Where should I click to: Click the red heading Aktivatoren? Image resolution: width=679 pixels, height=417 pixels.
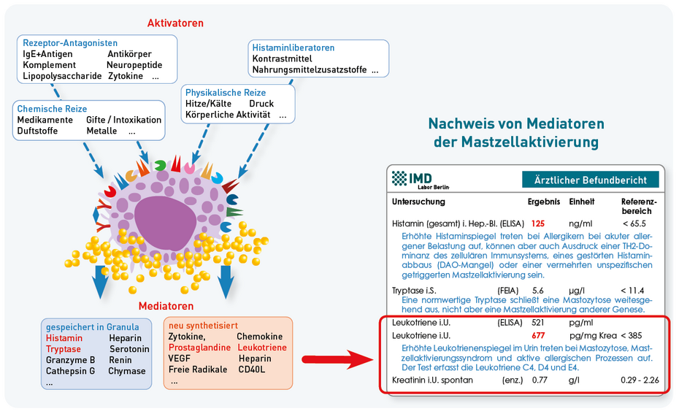click(x=175, y=23)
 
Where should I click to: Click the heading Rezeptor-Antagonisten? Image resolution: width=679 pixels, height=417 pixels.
click(x=70, y=43)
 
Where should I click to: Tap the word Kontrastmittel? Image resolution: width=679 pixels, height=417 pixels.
click(x=282, y=59)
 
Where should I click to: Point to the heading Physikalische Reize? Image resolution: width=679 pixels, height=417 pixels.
click(x=226, y=93)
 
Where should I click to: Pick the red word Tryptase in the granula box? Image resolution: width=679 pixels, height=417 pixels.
click(x=64, y=349)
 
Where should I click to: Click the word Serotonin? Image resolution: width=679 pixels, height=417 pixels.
click(x=130, y=349)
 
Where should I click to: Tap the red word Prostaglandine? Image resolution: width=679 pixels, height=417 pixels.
click(x=199, y=348)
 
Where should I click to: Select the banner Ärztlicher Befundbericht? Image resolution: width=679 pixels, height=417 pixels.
click(x=590, y=180)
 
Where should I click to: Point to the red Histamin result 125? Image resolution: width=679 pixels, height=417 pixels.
click(x=538, y=223)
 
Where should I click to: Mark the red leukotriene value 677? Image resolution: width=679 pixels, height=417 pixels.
click(x=539, y=335)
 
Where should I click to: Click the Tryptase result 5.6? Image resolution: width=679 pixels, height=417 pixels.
click(x=537, y=290)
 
